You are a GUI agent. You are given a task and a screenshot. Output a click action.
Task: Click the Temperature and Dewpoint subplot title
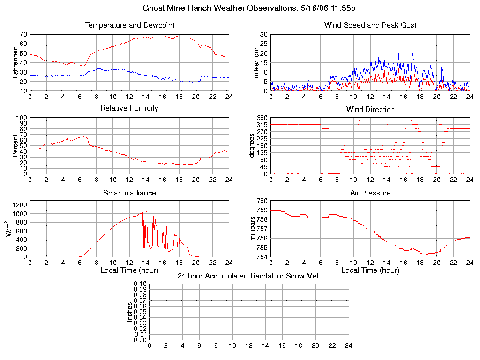coord(129,25)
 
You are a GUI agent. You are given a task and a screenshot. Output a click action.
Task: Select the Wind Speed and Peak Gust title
coord(370,25)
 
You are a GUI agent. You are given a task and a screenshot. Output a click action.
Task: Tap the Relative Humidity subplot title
coord(129,108)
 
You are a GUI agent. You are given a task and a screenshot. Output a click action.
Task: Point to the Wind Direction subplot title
coord(370,110)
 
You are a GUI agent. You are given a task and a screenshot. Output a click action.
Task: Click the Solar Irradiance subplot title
coord(129,193)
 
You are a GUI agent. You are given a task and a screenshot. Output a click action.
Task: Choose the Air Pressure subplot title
coord(370,193)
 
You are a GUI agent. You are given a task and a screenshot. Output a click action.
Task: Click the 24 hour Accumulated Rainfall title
coord(249,276)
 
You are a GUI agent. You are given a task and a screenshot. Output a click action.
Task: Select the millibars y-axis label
coord(253,229)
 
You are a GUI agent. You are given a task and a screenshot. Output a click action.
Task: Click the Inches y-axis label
coord(130,312)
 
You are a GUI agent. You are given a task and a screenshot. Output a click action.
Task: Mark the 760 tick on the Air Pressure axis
coord(262,201)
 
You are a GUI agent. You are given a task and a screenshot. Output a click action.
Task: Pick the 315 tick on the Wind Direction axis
coord(262,125)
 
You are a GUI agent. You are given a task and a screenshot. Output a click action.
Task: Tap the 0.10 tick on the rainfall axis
coord(140,284)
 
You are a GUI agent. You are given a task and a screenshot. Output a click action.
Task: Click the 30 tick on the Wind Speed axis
coord(263,34)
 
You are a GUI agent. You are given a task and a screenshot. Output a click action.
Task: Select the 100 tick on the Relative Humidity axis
coord(21,118)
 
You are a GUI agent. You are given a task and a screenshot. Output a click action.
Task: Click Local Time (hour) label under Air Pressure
coord(370,270)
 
